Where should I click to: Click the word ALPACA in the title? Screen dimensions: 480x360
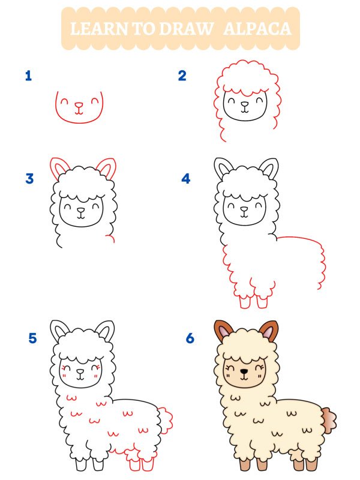click(x=257, y=28)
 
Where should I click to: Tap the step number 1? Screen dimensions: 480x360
click(x=28, y=76)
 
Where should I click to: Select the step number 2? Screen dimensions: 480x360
click(x=182, y=76)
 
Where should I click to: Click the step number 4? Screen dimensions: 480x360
click(x=186, y=178)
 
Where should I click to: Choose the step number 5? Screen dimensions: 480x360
click(x=32, y=338)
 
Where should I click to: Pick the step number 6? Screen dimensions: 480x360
click(x=190, y=338)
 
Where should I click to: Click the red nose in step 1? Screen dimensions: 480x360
click(x=79, y=104)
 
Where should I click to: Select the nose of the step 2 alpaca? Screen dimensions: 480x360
click(x=244, y=104)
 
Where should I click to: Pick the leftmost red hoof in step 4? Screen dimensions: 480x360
click(x=245, y=302)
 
